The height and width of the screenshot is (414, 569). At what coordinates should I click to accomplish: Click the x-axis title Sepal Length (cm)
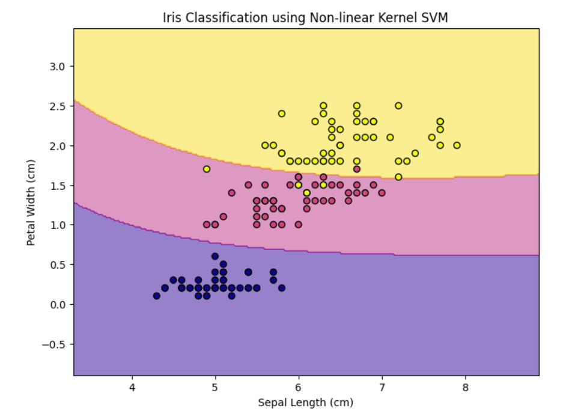[x=306, y=403]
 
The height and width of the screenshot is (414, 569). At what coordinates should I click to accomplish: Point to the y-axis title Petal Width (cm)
[x=31, y=202]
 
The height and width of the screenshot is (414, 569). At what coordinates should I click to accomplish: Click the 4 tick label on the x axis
[x=132, y=388]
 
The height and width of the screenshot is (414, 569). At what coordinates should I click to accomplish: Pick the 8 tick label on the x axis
[x=465, y=388]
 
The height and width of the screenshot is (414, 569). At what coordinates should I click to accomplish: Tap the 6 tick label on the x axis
[x=298, y=388]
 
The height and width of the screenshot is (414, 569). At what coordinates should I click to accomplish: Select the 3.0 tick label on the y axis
[x=57, y=67]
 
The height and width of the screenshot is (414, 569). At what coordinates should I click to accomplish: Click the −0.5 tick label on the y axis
[x=53, y=344]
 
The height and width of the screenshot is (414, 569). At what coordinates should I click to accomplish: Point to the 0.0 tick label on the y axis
[x=57, y=305]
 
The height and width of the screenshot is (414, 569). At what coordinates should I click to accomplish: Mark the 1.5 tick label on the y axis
[x=57, y=186]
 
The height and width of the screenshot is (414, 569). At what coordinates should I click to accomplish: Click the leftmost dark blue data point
[x=156, y=296]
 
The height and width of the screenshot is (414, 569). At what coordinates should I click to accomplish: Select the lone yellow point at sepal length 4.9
[x=207, y=169]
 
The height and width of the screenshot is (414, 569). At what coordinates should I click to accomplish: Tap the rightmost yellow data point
[x=457, y=145]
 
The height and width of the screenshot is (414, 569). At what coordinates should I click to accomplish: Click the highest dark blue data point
[x=215, y=256]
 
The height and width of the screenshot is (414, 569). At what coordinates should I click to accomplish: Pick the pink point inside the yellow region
[x=357, y=169]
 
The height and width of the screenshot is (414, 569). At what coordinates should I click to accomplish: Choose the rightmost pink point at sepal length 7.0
[x=382, y=193]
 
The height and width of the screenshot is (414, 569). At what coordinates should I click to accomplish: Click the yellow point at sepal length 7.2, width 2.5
[x=398, y=106]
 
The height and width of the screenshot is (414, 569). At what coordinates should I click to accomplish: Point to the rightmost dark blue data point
[x=282, y=288]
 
